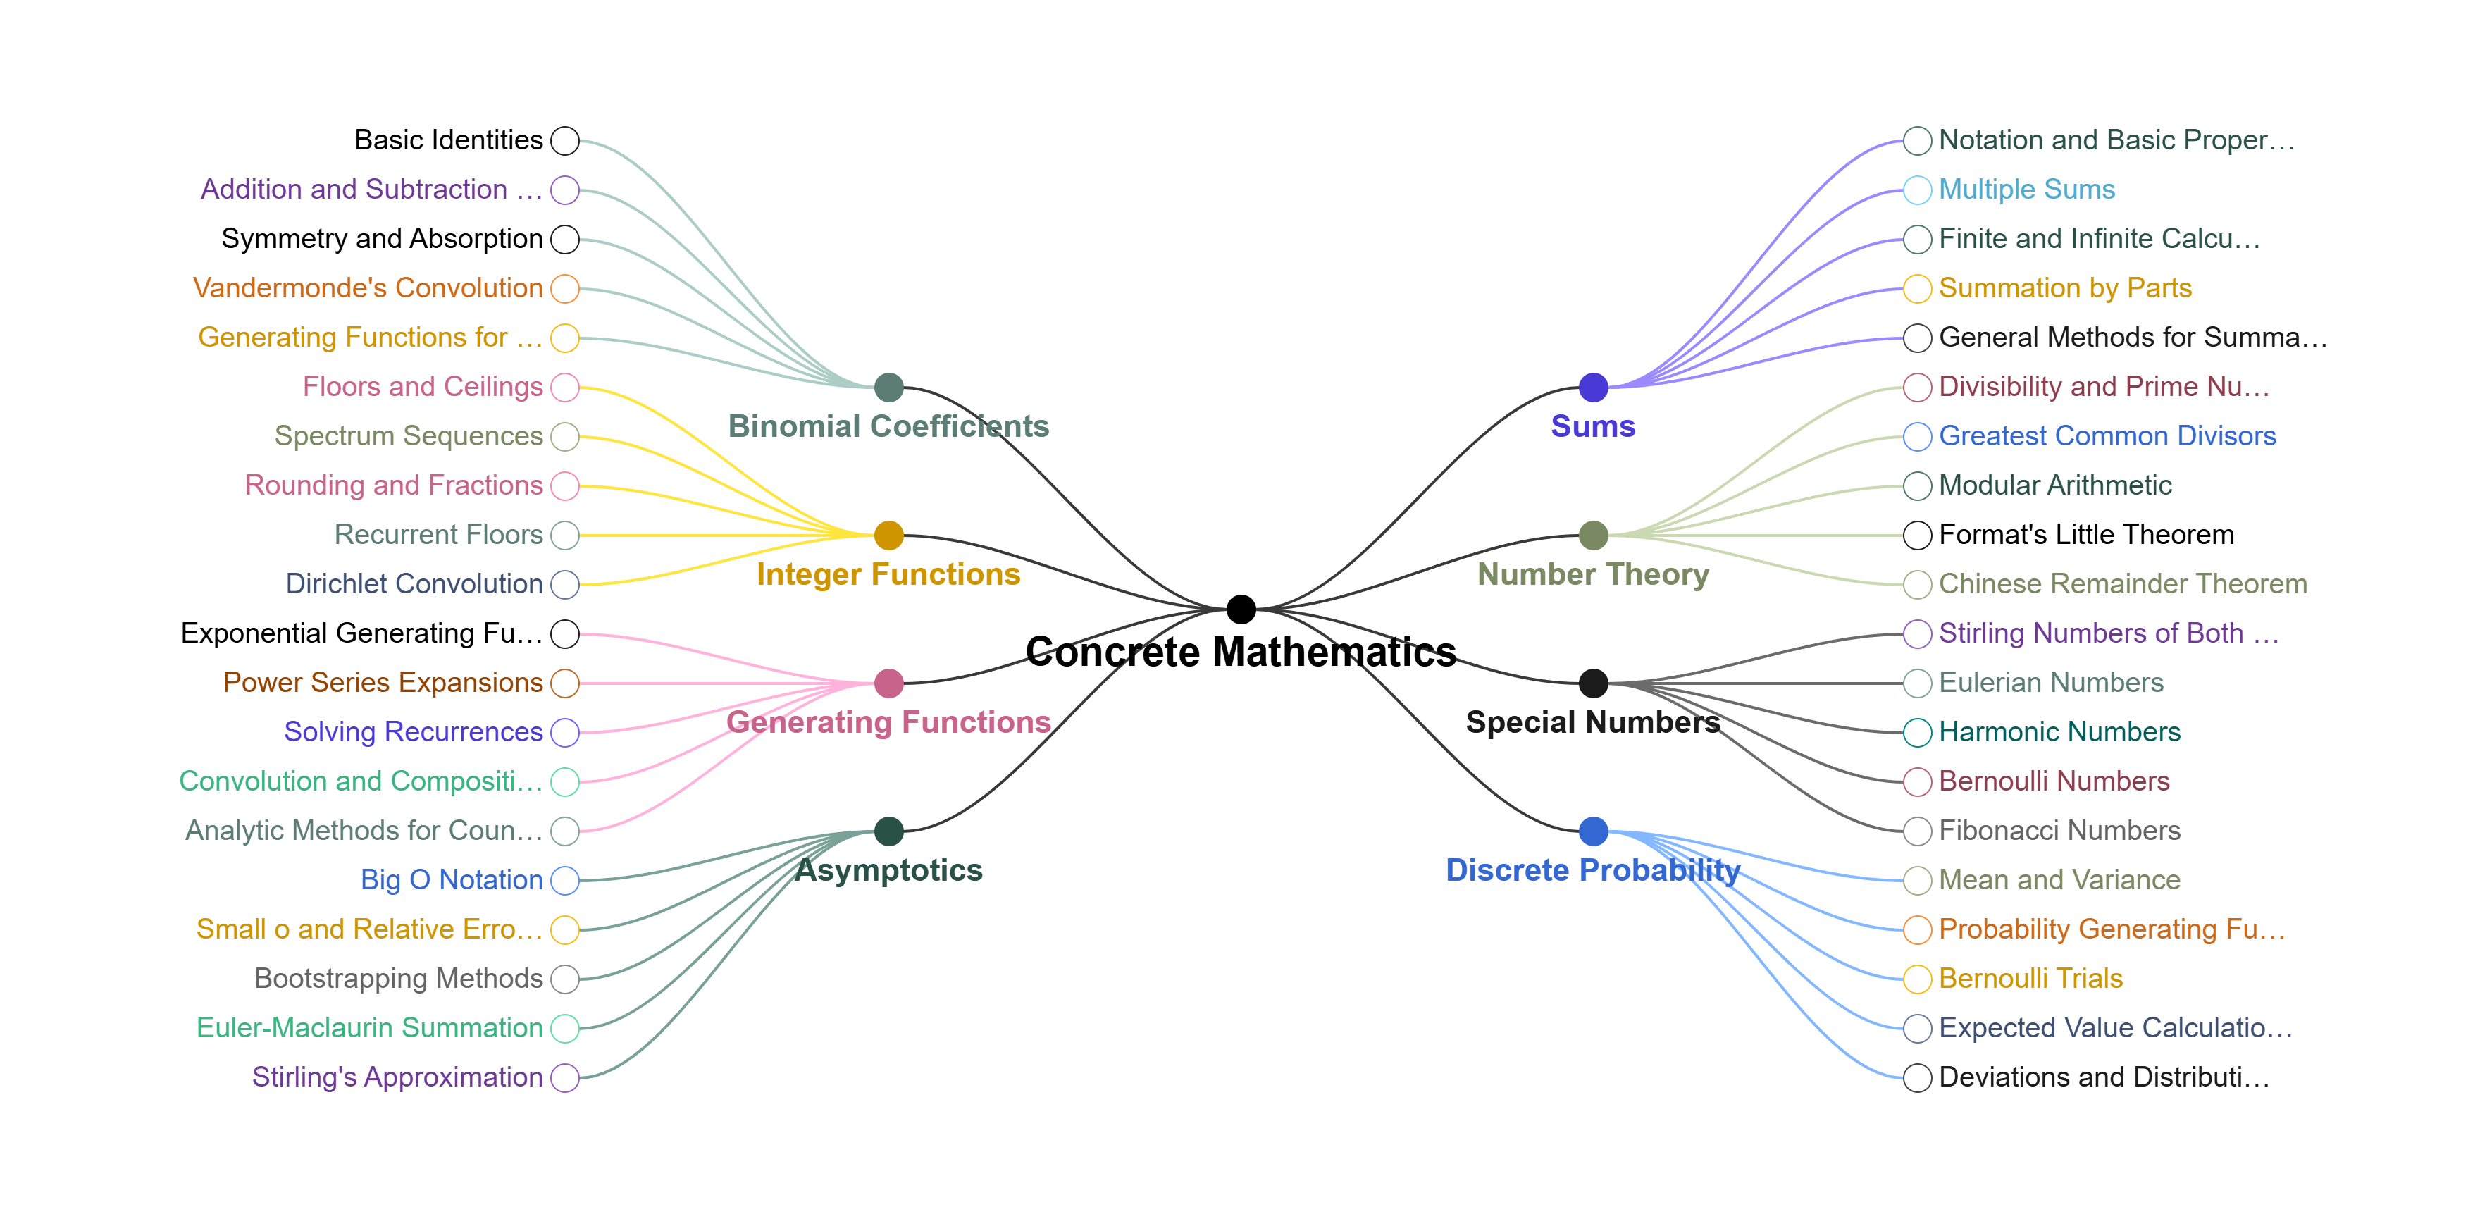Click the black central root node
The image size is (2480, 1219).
point(1241,609)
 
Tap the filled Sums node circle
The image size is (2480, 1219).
point(1593,387)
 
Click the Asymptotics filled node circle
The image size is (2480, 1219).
point(888,830)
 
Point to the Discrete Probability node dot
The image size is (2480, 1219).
point(1593,830)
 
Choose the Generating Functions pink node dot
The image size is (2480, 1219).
point(888,683)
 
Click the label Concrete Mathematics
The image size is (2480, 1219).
point(1241,652)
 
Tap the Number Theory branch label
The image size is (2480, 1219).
point(1593,574)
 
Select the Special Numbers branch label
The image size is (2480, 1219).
point(1593,722)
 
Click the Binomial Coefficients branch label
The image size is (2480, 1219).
point(888,426)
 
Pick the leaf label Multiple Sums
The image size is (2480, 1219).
point(2026,190)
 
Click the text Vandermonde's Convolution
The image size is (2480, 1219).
point(368,288)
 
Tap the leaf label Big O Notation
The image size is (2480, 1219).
point(452,880)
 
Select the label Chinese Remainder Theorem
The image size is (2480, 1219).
point(2123,583)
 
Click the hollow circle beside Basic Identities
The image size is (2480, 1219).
point(565,141)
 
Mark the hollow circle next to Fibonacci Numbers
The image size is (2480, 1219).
point(1917,830)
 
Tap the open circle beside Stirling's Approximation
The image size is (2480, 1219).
point(565,1077)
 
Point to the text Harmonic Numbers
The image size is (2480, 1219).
point(2059,732)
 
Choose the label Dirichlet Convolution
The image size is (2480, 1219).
point(414,583)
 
